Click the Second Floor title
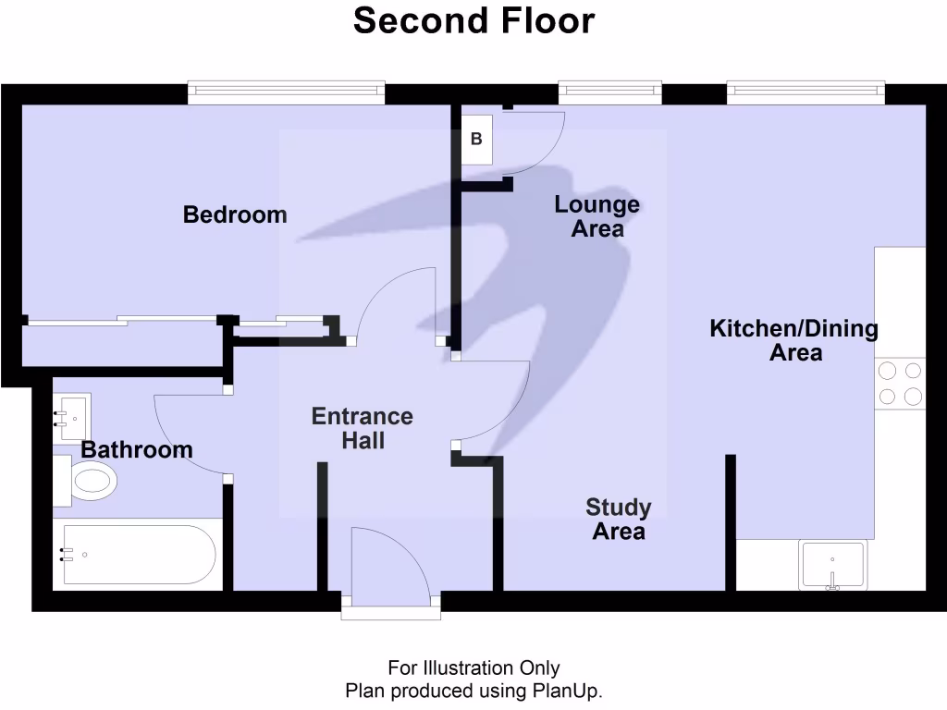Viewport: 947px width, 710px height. [473, 20]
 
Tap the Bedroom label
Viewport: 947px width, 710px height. [235, 215]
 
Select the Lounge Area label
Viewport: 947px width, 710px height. [596, 216]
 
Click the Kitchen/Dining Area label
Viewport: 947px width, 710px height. [794, 340]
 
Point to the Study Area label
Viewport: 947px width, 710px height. [619, 520]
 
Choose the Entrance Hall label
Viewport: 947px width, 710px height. [363, 428]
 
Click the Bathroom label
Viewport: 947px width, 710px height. [137, 450]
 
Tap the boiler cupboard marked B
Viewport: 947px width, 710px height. [477, 141]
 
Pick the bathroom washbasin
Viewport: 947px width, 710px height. [73, 417]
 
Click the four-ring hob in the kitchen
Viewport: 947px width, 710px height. [900, 384]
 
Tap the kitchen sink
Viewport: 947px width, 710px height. [832, 566]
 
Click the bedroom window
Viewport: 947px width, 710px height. [286, 90]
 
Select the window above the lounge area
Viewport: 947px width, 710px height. [610, 90]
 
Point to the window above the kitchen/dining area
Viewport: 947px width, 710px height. [806, 90]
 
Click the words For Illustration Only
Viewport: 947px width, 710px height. [473, 667]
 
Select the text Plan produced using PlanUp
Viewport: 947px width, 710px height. [473, 691]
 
